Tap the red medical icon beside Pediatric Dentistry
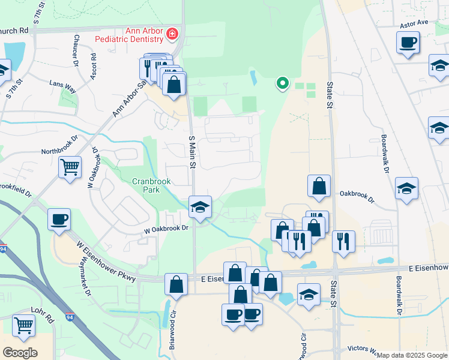click(x=173, y=34)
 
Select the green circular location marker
click(x=281, y=83)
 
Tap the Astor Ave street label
click(x=414, y=22)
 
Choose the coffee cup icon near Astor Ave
click(x=408, y=43)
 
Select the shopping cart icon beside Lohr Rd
click(x=23, y=326)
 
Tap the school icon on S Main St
click(x=200, y=207)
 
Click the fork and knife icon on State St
click(x=343, y=241)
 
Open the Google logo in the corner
click(x=20, y=353)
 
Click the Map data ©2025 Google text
click(x=412, y=355)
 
